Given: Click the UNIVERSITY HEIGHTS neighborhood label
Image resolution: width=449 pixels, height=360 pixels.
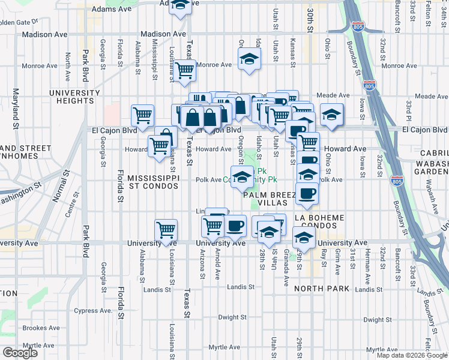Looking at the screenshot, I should [74, 97].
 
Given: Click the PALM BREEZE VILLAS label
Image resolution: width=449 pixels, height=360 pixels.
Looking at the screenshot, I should [268, 199].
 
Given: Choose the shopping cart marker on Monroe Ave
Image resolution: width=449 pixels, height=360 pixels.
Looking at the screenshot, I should [184, 70].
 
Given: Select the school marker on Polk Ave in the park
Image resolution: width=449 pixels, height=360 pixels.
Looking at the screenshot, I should [242, 177].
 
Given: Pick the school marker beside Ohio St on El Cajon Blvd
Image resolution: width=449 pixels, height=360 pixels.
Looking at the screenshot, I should [331, 115].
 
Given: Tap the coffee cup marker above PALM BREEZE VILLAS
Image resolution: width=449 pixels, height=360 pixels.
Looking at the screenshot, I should [307, 193].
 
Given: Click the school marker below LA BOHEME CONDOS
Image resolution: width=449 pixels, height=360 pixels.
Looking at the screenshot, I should [304, 239].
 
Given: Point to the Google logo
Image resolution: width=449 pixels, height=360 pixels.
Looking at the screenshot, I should [20, 353].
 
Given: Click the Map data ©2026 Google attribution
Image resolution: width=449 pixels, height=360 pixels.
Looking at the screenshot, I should [412, 355].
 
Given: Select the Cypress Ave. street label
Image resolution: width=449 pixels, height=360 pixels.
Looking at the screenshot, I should [93, 311].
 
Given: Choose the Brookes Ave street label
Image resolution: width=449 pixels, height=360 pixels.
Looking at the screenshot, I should [41, 328].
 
